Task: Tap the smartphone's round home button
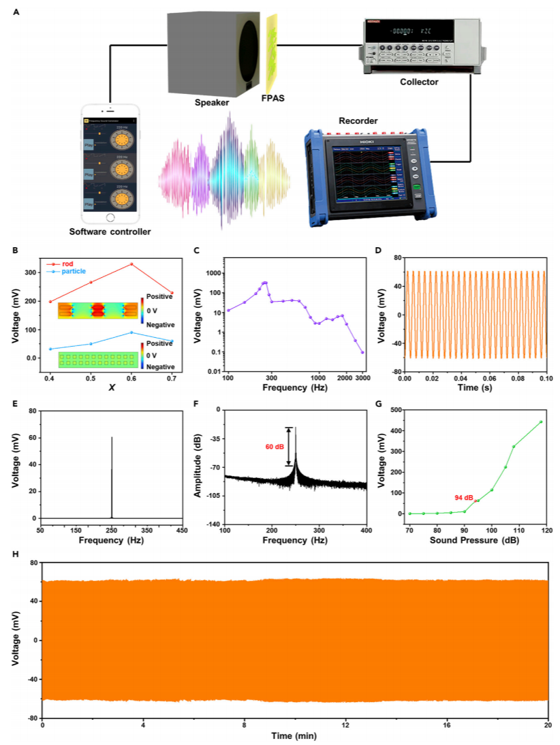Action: [110, 218]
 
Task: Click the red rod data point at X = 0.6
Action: [131, 264]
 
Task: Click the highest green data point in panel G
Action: [541, 422]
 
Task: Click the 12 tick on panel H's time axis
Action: [345, 722]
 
